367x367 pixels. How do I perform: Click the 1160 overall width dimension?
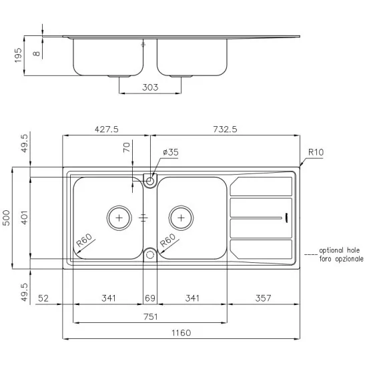(181, 332)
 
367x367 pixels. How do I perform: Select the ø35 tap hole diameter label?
(170, 153)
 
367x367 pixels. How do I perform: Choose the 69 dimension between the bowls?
(151, 298)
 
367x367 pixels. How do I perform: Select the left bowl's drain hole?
(119, 218)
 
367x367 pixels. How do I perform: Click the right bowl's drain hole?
(181, 218)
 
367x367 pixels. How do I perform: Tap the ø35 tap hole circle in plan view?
(151, 179)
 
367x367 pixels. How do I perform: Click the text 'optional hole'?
(341, 250)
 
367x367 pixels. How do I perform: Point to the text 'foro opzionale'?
(341, 258)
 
